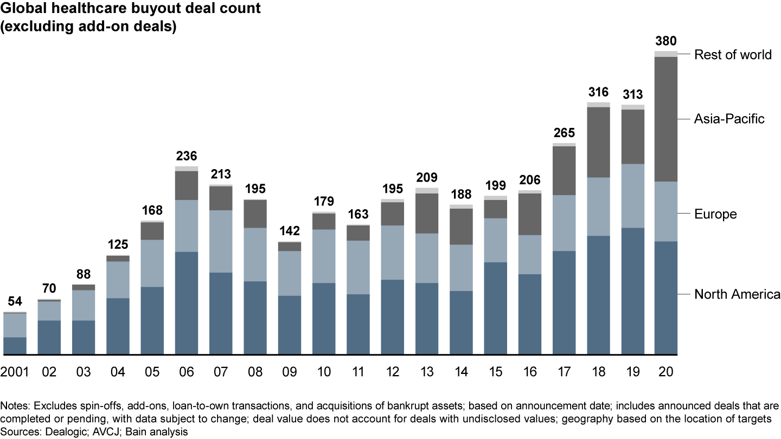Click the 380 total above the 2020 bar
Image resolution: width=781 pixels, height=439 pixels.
(x=666, y=42)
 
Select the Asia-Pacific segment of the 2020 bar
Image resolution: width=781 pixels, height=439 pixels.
(x=666, y=119)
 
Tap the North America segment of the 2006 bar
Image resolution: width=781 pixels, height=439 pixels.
(x=187, y=304)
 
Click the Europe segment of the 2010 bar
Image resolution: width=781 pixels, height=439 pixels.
(x=324, y=256)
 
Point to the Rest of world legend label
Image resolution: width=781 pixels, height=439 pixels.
(x=733, y=55)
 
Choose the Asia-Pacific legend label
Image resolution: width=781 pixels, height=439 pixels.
(x=729, y=119)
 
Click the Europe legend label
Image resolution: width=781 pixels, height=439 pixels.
(x=715, y=214)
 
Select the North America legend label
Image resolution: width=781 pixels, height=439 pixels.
(x=737, y=294)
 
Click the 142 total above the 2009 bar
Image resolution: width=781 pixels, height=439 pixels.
(x=290, y=231)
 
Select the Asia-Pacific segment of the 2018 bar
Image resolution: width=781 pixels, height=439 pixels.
(x=597, y=142)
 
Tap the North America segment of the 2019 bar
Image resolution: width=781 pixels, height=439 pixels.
(x=632, y=292)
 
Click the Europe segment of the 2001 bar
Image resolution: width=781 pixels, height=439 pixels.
(x=15, y=325)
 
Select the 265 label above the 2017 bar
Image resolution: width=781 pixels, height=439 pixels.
(x=565, y=133)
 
